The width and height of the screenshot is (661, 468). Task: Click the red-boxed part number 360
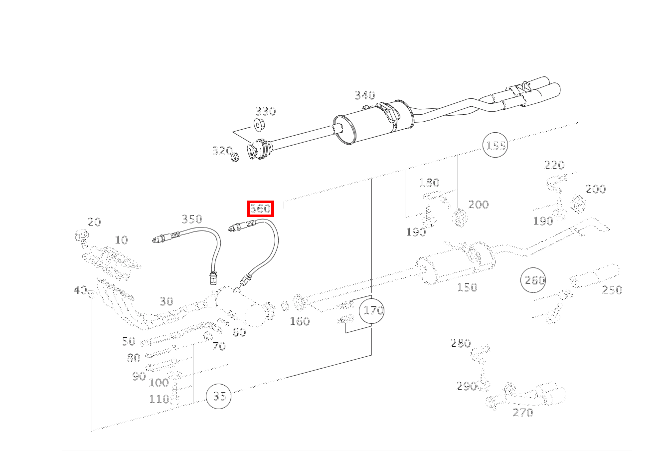[260, 209]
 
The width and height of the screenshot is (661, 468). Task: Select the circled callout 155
[495, 145]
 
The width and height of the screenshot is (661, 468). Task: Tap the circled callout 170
[372, 311]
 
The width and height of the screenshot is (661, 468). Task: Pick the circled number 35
[218, 396]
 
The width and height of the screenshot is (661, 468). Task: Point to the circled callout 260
[533, 280]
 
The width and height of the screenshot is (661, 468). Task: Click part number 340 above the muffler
[365, 95]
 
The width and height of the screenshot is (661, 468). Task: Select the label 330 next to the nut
[266, 111]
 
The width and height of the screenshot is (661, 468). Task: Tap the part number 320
[222, 151]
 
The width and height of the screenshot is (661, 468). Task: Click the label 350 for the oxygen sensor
[192, 219]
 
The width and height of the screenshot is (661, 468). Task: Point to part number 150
[467, 287]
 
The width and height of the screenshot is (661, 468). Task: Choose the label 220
[554, 165]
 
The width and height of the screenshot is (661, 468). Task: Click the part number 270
[523, 413]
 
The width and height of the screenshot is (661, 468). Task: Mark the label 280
[461, 343]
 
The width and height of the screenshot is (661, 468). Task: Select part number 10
[121, 240]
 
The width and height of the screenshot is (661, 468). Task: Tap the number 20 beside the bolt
[94, 222]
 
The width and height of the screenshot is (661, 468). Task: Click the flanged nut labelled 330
[259, 124]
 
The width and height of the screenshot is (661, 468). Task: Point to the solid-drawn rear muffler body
[373, 122]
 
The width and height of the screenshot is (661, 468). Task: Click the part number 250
[612, 290]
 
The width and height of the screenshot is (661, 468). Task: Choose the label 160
[300, 321]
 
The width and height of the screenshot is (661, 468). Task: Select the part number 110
[159, 400]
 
